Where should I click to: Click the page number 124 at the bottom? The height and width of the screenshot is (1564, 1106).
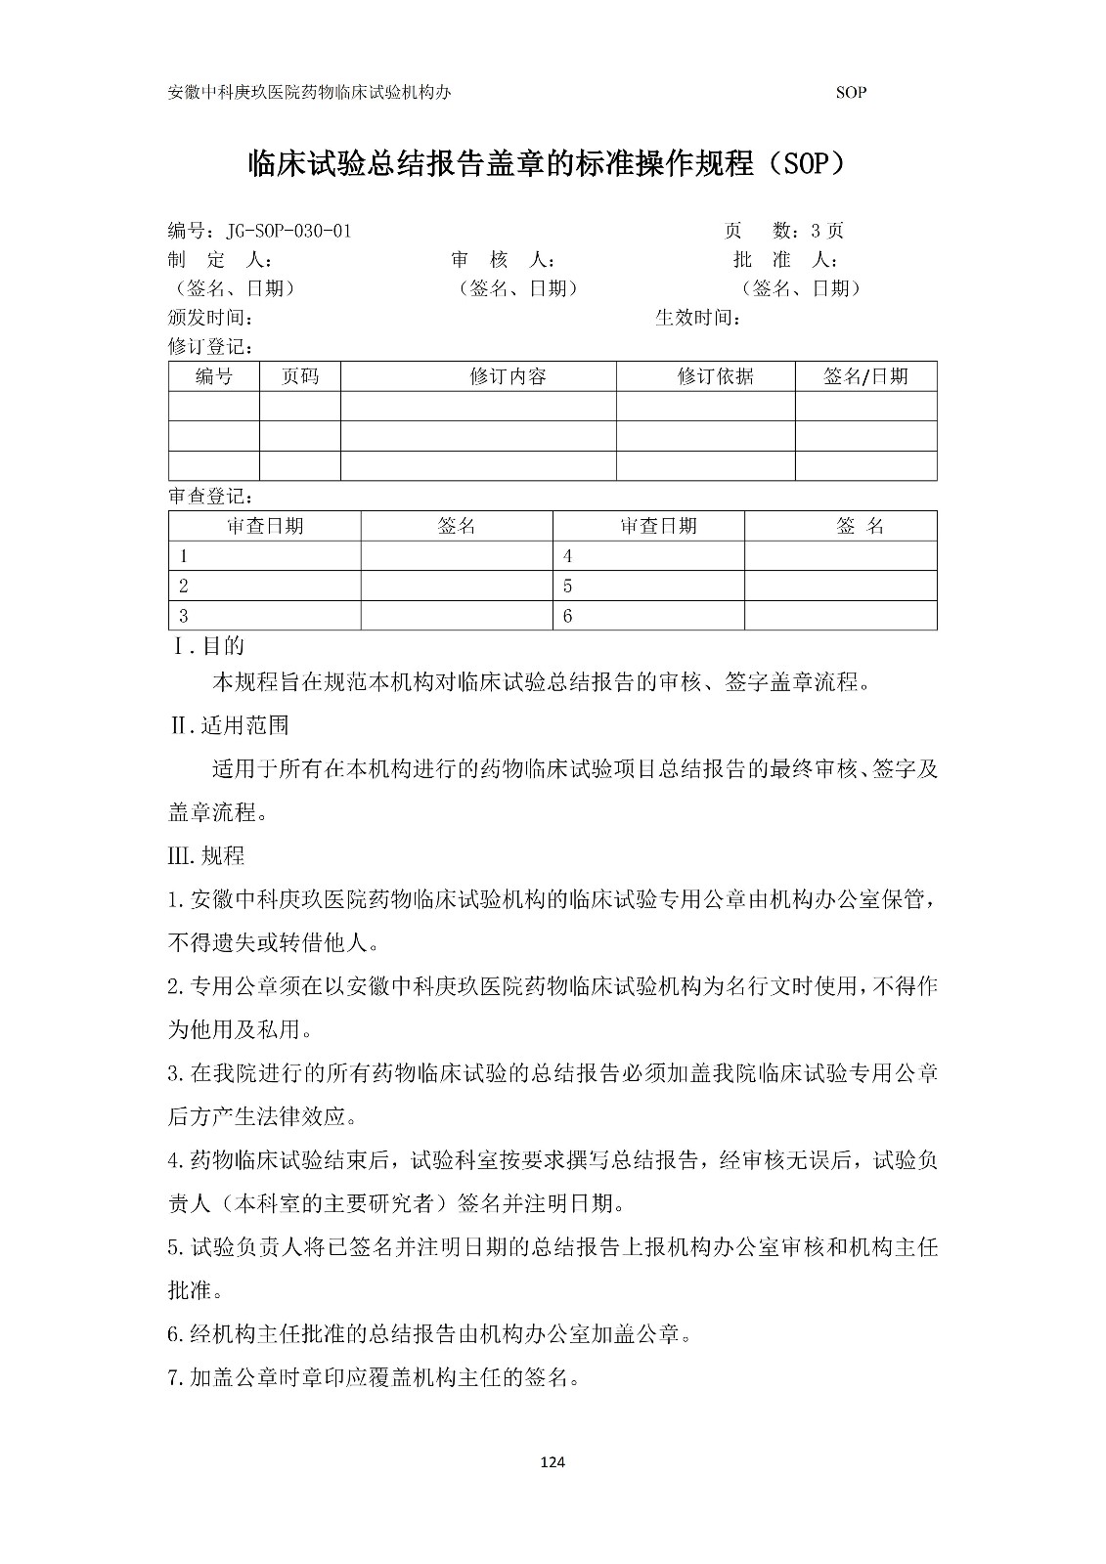coord(553,1462)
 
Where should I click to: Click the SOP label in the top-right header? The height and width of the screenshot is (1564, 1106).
coord(851,93)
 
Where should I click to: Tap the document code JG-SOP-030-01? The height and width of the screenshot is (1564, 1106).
coord(288,231)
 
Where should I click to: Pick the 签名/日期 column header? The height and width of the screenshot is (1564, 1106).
coord(865,376)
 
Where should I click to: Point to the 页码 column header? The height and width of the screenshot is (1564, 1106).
coord(299,376)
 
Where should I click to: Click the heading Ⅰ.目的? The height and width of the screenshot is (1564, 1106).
coord(208,646)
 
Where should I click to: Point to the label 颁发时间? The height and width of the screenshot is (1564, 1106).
coord(212,318)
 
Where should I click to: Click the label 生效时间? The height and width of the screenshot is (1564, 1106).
coord(697,318)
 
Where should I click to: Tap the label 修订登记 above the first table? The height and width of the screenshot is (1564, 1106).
coord(212,346)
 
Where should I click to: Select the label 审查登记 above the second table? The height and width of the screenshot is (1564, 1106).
coord(212,496)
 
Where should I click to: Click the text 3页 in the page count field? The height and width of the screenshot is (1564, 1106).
coord(827,231)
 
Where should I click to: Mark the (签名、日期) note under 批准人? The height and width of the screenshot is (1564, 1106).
coord(802,288)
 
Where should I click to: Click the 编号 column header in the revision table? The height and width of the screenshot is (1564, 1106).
coord(213,376)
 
